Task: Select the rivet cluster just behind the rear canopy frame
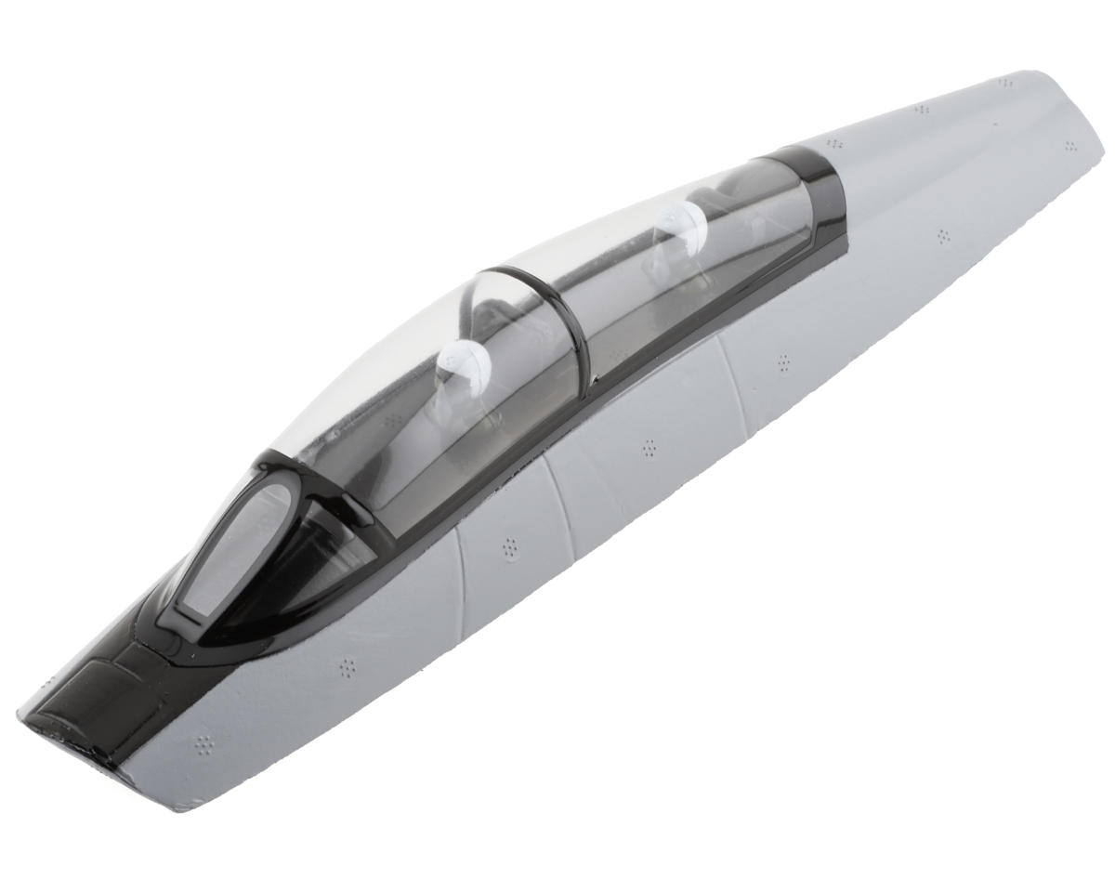click(x=835, y=144)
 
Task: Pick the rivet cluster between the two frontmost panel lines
click(x=510, y=548)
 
